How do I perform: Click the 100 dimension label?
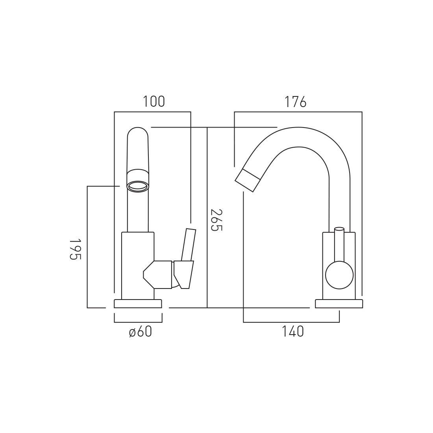pos(154,101)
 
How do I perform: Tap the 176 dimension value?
pos(296,102)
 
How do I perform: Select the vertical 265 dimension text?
pos(216,220)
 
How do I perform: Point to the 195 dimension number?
pos(75,249)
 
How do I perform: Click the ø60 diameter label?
pos(141,332)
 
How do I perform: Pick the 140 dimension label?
pos(292,331)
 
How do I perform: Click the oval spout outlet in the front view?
pos(137,186)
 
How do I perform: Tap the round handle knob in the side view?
pos(339,275)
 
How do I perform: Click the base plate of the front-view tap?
pos(138,303)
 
